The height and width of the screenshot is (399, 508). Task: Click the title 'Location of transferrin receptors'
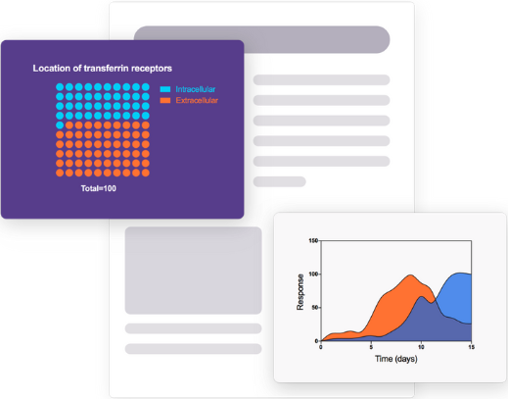click(x=102, y=69)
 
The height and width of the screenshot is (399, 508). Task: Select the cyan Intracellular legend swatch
click(x=165, y=89)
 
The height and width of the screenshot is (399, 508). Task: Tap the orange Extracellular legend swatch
click(x=165, y=100)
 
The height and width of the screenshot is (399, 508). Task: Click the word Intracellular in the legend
click(x=196, y=89)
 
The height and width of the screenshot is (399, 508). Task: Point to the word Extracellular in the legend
click(x=197, y=100)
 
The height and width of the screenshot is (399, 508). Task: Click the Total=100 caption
click(x=99, y=188)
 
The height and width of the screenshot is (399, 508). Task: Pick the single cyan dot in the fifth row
click(x=60, y=125)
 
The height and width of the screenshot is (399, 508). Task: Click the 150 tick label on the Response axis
click(x=313, y=241)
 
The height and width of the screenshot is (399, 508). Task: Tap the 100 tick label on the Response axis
click(x=313, y=274)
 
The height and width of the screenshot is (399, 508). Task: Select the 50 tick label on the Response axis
click(x=315, y=308)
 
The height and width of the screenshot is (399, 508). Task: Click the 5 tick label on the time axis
click(x=371, y=347)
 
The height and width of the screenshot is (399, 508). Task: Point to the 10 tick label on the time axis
click(x=421, y=347)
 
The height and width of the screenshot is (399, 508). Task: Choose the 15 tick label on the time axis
click(x=472, y=347)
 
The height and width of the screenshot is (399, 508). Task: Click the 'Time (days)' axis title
click(x=396, y=359)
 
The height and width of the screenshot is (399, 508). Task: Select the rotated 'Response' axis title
click(x=300, y=292)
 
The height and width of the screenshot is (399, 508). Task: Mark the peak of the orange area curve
click(x=411, y=275)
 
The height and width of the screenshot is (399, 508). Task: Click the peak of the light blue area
click(x=460, y=273)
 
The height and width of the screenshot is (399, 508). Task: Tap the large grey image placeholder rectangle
click(x=193, y=271)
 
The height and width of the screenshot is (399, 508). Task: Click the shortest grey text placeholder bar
click(x=280, y=181)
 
